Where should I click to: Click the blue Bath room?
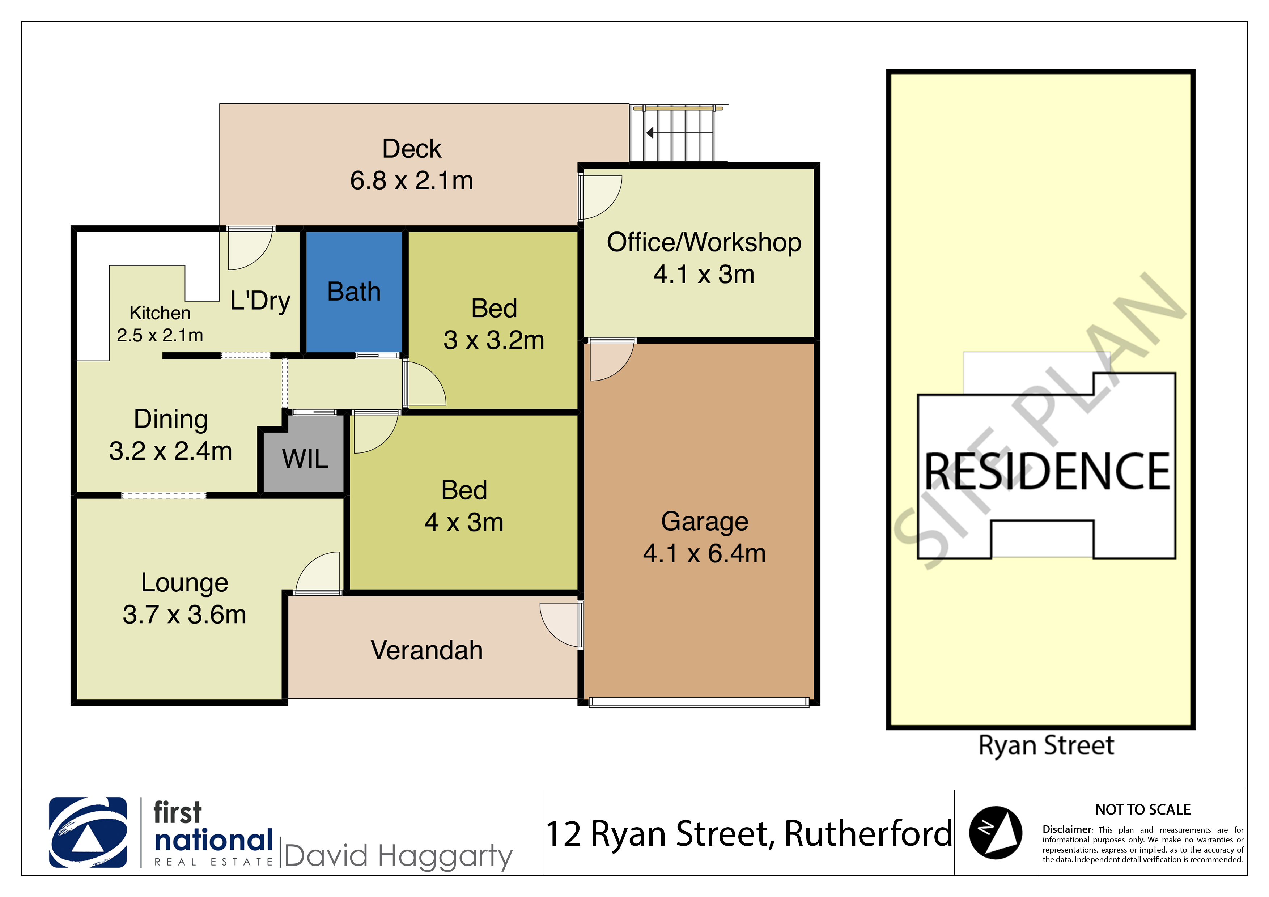(354, 291)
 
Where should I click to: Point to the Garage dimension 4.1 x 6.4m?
(704, 553)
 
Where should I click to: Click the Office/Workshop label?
(704, 242)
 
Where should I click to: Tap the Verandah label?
(427, 650)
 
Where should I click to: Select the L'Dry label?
(260, 301)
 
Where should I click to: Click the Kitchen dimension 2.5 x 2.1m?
(160, 335)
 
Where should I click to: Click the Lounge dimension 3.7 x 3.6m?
(184, 615)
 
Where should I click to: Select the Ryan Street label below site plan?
(1046, 745)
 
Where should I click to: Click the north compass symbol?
(996, 832)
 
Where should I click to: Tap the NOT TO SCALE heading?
(1143, 810)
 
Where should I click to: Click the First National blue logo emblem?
(88, 832)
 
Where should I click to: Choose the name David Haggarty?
(399, 856)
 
